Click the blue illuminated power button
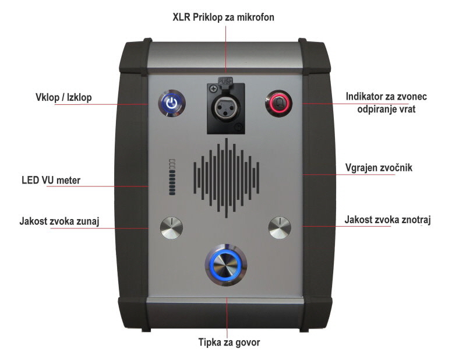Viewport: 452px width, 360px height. [x=172, y=104]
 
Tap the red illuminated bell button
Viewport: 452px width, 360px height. [x=279, y=103]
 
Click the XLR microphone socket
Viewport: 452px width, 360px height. [x=226, y=107]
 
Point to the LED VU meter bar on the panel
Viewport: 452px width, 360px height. [x=172, y=177]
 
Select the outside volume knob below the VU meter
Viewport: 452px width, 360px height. [x=171, y=228]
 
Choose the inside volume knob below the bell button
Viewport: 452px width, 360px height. [x=280, y=228]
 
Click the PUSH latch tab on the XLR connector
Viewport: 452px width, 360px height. [x=225, y=81]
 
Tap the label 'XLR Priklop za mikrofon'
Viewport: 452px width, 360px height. [x=224, y=17]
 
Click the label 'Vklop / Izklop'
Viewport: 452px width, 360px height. [x=63, y=97]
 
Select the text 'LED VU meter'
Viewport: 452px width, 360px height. [x=51, y=180]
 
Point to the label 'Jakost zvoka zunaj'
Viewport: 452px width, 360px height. [x=59, y=221]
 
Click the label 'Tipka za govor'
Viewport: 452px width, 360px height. [x=229, y=343]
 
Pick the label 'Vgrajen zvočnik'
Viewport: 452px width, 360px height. [x=379, y=167]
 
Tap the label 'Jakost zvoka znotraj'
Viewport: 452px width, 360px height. [x=388, y=220]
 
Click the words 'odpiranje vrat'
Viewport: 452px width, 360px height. [x=386, y=110]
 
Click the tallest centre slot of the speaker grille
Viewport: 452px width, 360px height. [x=226, y=178]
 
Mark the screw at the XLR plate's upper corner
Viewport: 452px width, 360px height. [x=213, y=89]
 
